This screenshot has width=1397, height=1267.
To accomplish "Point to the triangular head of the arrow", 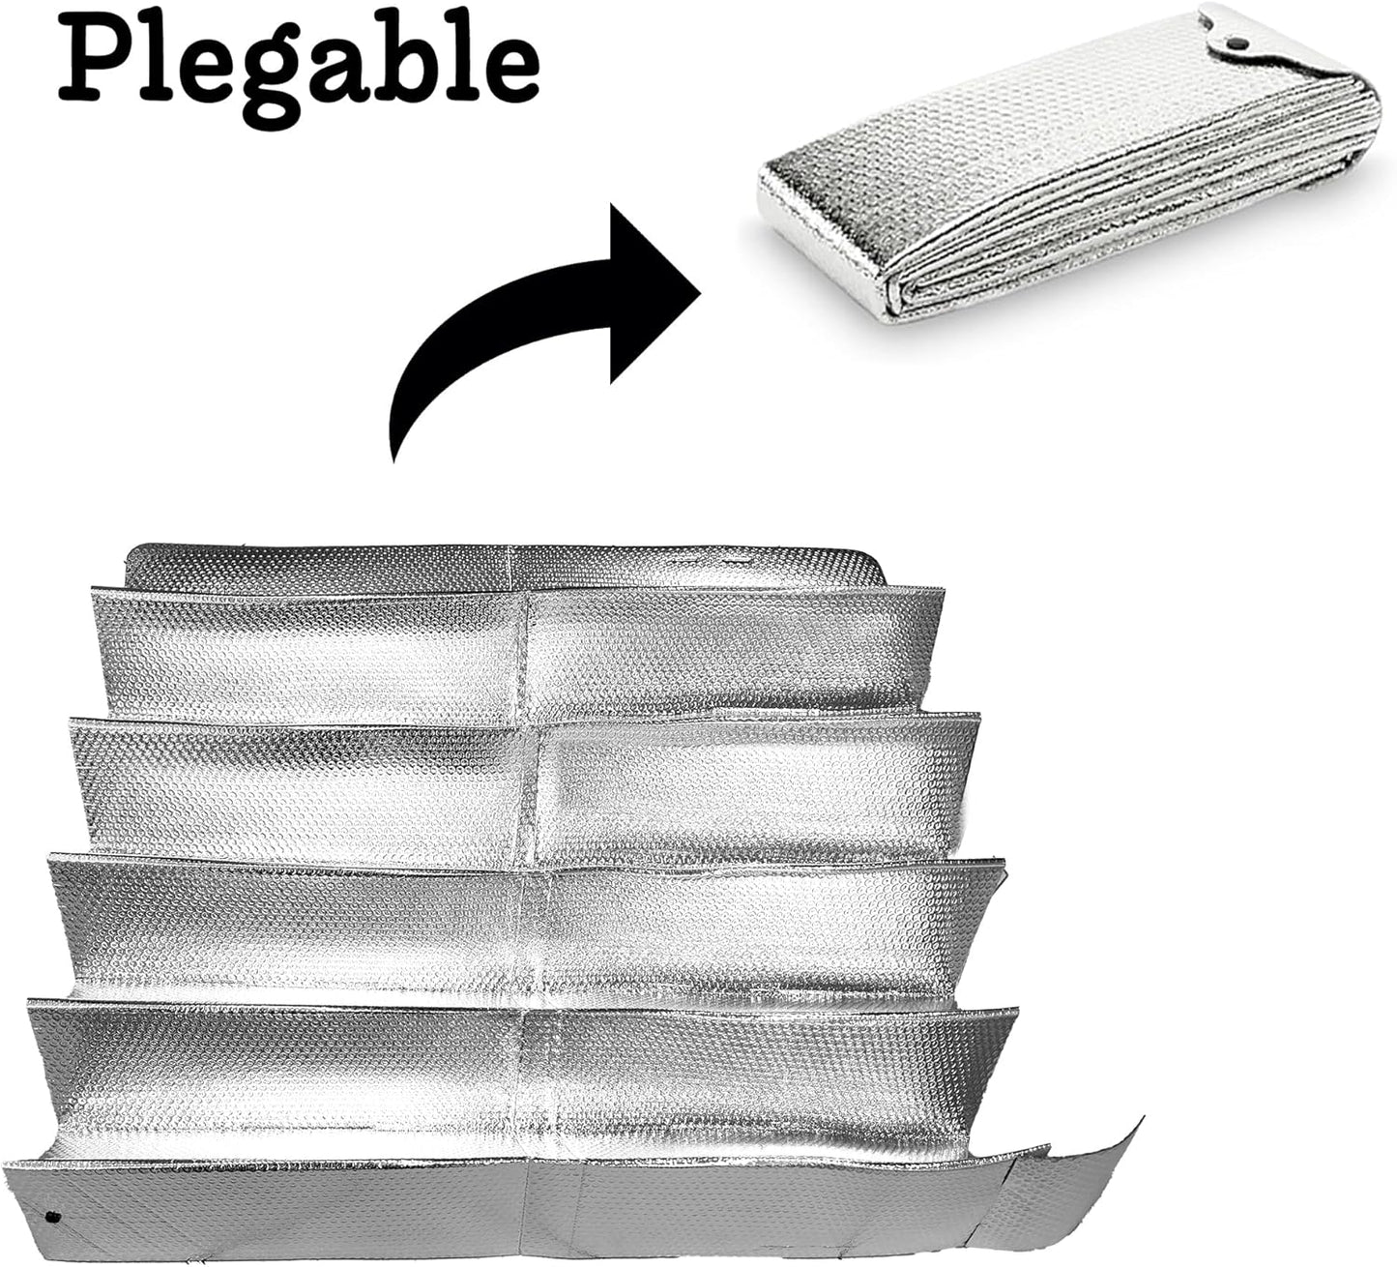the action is click(652, 293).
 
